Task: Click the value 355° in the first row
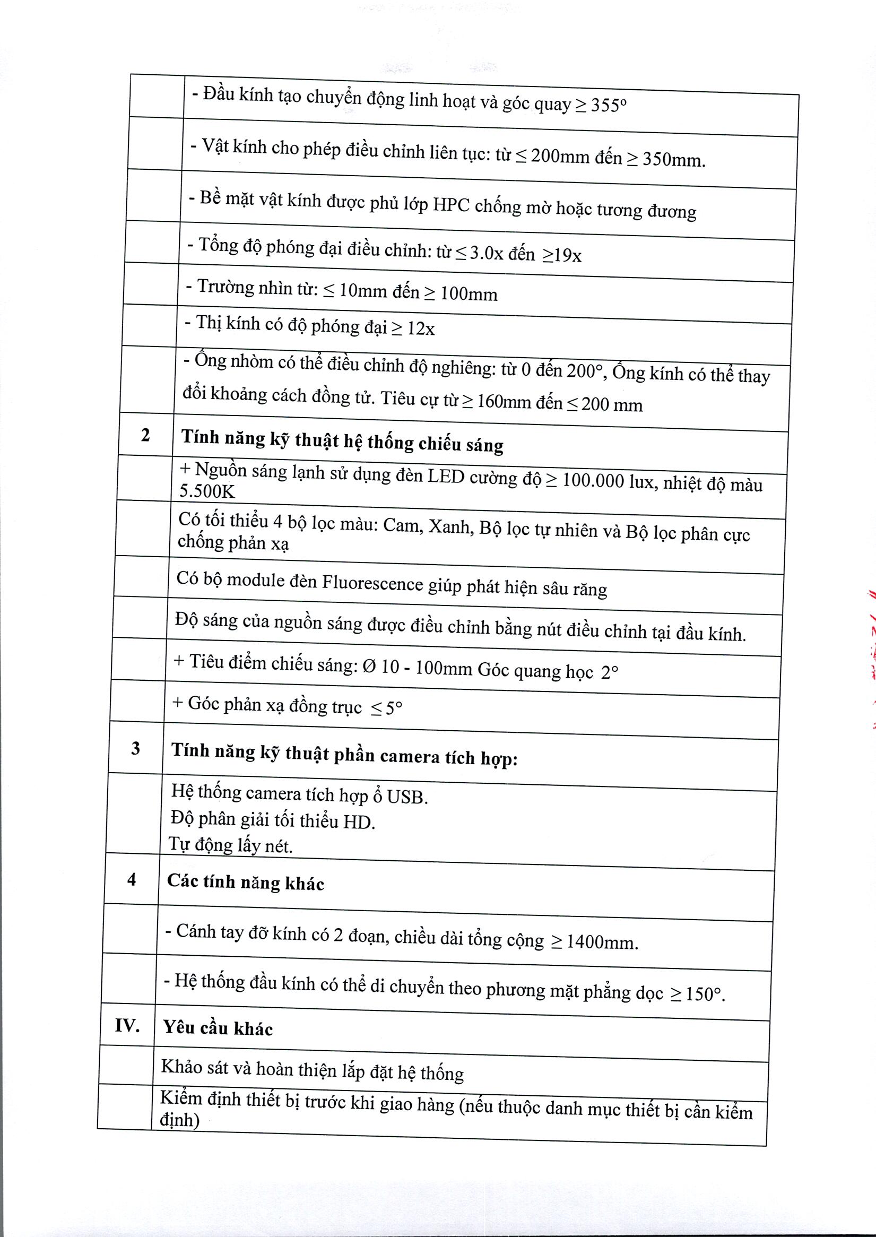(608, 105)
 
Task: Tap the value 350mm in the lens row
(673, 160)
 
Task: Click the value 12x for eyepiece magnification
(420, 328)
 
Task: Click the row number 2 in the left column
(145, 435)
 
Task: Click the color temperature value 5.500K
(207, 491)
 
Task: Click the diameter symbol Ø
(369, 667)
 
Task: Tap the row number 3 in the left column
(135, 748)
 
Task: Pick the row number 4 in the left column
(132, 880)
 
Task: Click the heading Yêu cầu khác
(218, 1028)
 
